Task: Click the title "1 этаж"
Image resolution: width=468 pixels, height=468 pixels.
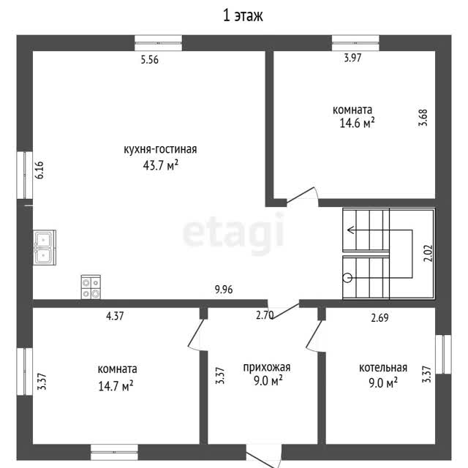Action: click(243, 16)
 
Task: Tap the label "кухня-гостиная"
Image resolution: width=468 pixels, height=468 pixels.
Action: click(160, 149)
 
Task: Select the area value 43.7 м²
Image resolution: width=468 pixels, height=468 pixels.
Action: click(161, 165)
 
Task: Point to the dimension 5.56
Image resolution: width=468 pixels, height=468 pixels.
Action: click(149, 60)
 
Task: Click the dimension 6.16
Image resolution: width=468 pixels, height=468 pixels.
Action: click(39, 170)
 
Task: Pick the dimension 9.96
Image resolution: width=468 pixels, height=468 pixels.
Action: click(224, 290)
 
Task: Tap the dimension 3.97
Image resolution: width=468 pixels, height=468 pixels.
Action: click(352, 58)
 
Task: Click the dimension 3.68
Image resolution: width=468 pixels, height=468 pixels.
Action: click(423, 118)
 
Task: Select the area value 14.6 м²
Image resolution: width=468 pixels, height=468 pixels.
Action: click(357, 123)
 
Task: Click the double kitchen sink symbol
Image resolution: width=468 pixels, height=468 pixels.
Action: click(45, 247)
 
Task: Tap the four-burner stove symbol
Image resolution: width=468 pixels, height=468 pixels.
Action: click(91, 287)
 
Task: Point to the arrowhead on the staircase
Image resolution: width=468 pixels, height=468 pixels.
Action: click(350, 230)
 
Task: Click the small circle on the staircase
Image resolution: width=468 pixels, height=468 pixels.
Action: click(347, 278)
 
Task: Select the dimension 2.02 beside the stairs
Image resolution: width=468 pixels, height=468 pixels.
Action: click(428, 253)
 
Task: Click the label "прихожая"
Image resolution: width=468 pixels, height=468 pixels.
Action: click(266, 367)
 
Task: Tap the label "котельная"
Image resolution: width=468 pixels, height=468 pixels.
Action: click(383, 368)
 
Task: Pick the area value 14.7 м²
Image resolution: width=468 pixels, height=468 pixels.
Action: click(116, 386)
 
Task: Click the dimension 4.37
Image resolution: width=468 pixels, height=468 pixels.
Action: click(115, 316)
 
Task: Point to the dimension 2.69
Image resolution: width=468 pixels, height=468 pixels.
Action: click(380, 317)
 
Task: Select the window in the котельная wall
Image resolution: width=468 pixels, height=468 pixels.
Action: click(443, 354)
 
